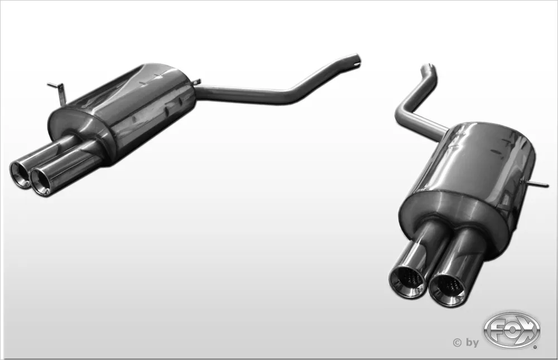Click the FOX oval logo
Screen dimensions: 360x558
(x=512, y=330)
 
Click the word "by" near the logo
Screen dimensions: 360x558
(x=472, y=343)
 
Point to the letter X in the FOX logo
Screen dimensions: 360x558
(x=528, y=329)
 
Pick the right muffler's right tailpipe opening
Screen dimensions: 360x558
(x=448, y=287)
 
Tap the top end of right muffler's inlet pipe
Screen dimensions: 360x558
(x=430, y=69)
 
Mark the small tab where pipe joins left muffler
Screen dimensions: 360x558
(x=196, y=83)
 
